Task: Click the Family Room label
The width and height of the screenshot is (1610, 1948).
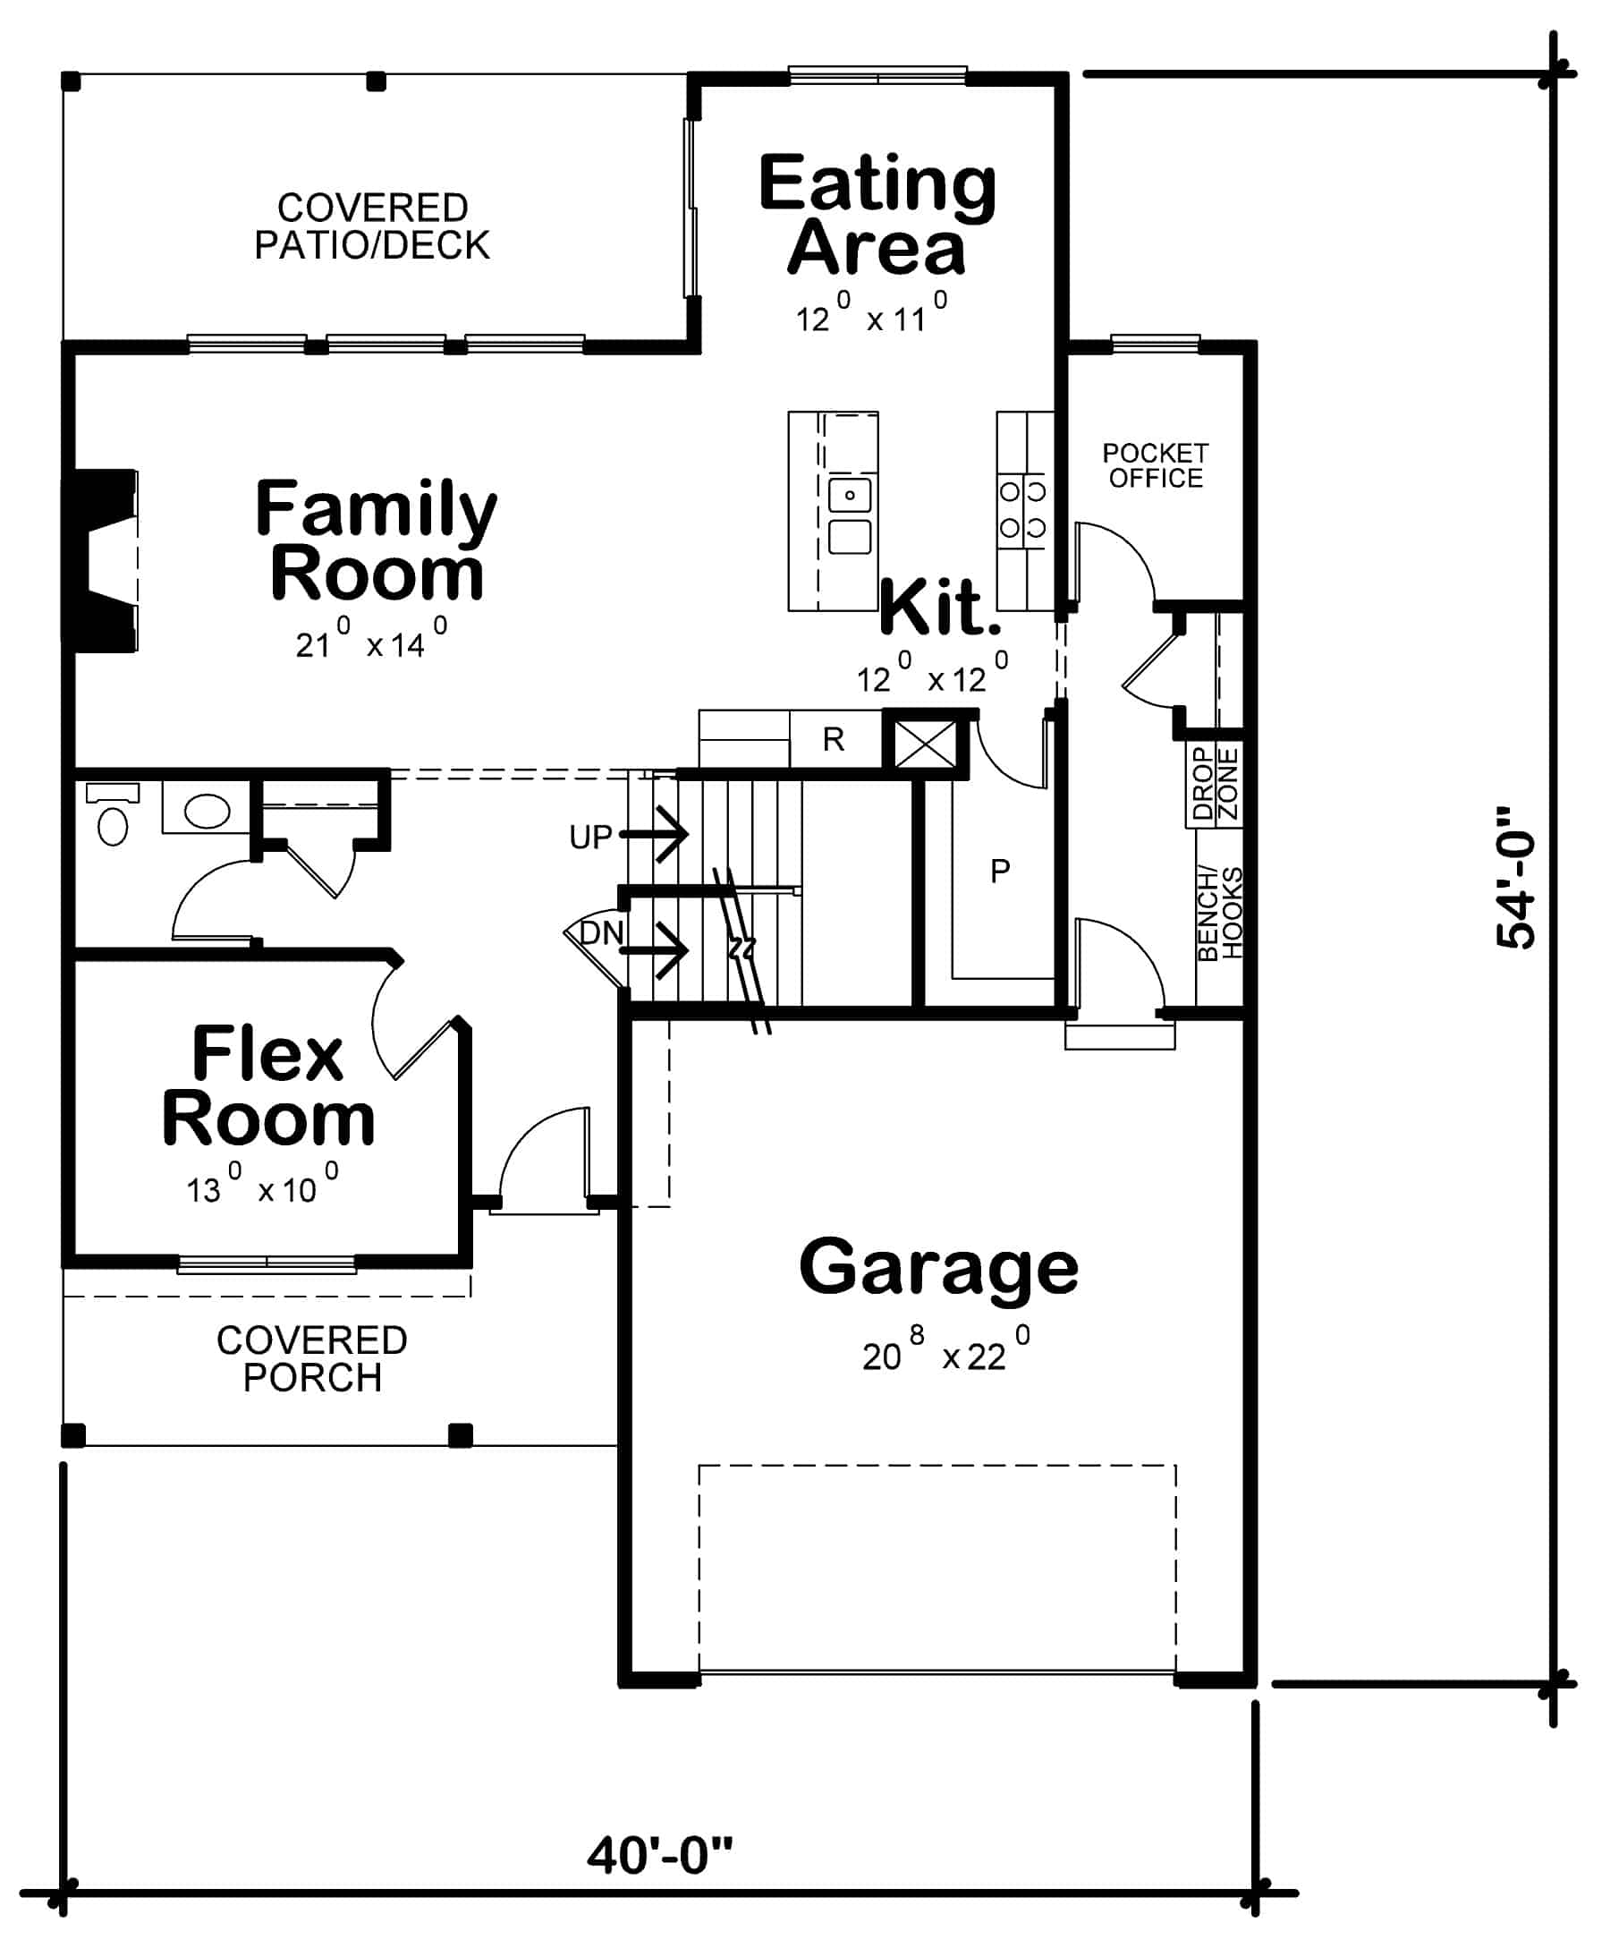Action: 376,540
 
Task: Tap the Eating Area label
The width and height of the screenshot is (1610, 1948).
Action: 877,216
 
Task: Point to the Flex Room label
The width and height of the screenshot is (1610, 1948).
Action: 268,1086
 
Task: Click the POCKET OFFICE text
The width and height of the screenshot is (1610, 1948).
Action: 1155,465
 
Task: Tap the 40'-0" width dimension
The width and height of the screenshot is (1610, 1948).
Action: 659,1856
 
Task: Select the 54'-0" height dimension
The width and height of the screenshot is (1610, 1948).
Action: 1516,878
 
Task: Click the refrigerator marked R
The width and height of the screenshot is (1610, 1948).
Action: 833,739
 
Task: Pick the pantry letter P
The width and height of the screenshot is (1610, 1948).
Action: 1000,871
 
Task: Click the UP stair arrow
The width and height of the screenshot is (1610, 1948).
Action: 654,834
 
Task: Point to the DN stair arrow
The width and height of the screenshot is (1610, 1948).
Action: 654,950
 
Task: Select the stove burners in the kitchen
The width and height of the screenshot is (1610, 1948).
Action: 1022,508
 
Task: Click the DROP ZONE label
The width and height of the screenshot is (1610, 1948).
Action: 1215,785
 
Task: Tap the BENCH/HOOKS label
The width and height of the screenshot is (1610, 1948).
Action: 1219,914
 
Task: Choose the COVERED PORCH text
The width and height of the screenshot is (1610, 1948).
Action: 311,1359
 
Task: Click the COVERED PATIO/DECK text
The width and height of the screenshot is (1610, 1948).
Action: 372,226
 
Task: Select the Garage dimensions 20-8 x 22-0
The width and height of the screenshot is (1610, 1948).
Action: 945,1357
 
